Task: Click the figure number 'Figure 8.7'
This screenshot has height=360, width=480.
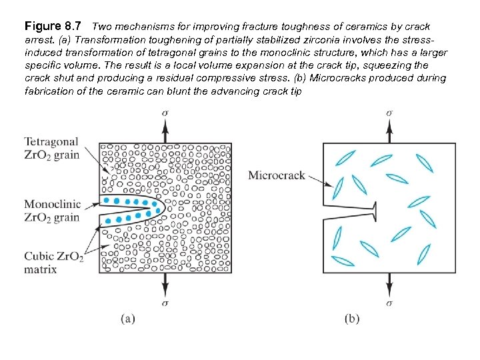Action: pyautogui.click(x=53, y=27)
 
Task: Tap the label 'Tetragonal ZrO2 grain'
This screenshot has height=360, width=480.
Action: pyautogui.click(x=51, y=149)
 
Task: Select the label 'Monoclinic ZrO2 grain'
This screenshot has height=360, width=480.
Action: pyautogui.click(x=51, y=210)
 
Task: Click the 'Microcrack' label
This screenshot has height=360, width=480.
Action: pyautogui.click(x=277, y=175)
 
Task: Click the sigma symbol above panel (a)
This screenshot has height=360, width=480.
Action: pyautogui.click(x=165, y=113)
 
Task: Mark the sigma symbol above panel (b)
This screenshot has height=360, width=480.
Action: pyautogui.click(x=389, y=113)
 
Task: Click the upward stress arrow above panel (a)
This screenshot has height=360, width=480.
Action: pyautogui.click(x=165, y=130)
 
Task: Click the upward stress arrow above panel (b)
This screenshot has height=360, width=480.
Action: pyautogui.click(x=389, y=130)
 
